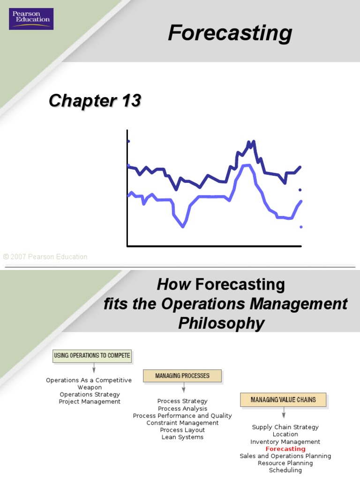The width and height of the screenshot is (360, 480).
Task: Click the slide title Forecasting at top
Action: [x=230, y=34]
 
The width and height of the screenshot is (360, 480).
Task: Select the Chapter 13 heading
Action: [x=95, y=101]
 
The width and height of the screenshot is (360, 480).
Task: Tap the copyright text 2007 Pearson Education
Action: [x=45, y=256]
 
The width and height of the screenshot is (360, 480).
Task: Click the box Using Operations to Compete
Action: [x=92, y=356]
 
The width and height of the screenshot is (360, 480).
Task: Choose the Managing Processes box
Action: [x=182, y=375]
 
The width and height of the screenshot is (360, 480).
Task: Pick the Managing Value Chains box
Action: [x=283, y=400]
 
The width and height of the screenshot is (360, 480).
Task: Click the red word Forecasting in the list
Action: [x=285, y=449]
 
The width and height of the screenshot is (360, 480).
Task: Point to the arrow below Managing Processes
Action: [x=184, y=388]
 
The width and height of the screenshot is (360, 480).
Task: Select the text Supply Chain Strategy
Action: [x=285, y=427]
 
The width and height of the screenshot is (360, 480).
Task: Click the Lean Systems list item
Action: [x=182, y=437]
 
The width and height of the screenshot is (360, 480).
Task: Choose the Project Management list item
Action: [x=90, y=402]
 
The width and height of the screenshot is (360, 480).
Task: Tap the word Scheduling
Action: [x=285, y=470]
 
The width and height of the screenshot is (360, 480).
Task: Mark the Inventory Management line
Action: [x=285, y=442]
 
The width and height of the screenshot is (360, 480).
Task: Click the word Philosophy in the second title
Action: [x=221, y=323]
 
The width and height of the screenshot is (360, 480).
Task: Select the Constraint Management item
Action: [x=182, y=423]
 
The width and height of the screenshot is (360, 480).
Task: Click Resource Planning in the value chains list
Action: [x=285, y=463]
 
